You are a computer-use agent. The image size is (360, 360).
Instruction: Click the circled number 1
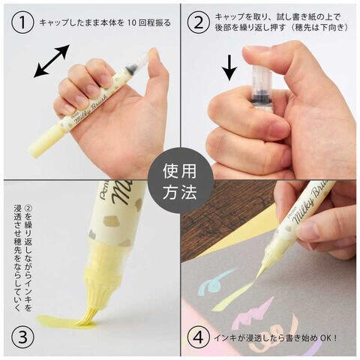click(x=22, y=22)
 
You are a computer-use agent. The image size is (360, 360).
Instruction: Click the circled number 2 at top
click(x=199, y=22)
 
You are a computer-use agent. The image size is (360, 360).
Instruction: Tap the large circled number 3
click(x=22, y=338)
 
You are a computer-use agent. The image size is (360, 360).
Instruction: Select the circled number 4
click(x=199, y=338)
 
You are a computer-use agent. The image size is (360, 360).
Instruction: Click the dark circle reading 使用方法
click(x=181, y=181)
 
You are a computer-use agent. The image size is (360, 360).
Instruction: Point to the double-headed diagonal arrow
click(x=52, y=61)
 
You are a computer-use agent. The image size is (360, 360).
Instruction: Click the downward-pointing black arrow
click(x=229, y=67)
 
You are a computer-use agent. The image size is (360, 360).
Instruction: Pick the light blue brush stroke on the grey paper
click(x=215, y=281)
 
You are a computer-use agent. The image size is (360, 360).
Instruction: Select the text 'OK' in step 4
click(x=325, y=338)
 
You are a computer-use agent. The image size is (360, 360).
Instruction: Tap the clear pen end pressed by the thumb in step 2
click(x=260, y=75)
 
